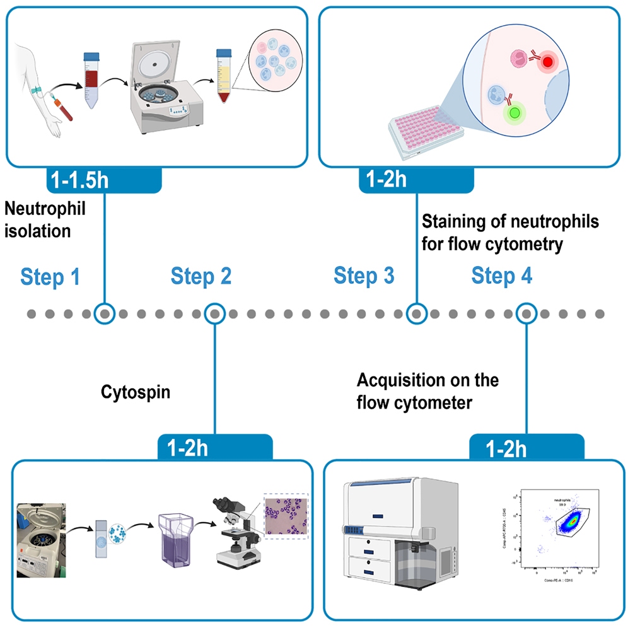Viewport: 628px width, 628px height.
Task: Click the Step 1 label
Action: pyautogui.click(x=50, y=276)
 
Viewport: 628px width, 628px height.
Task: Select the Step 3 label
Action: pyautogui.click(x=364, y=276)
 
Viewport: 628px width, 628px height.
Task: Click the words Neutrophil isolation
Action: pyautogui.click(x=44, y=219)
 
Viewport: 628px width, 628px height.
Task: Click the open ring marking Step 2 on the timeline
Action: pyautogui.click(x=215, y=313)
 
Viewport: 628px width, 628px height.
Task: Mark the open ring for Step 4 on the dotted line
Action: pyautogui.click(x=526, y=313)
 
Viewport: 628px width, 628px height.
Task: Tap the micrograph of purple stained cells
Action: pyautogui.click(x=286, y=515)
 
